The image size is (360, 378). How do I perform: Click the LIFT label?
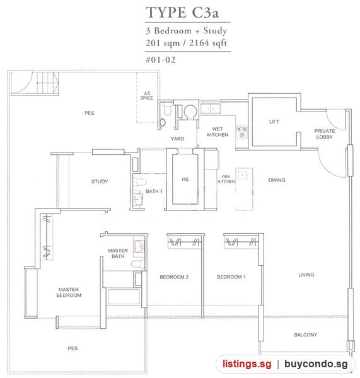click(x=274, y=122)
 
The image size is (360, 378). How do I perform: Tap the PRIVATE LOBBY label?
click(x=325, y=134)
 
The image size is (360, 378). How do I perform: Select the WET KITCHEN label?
click(x=218, y=132)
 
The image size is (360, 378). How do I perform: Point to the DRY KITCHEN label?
click(x=226, y=179)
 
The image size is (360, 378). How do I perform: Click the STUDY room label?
click(x=100, y=181)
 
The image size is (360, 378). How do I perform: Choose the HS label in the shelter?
click(x=185, y=179)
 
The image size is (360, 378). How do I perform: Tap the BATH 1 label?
click(x=154, y=191)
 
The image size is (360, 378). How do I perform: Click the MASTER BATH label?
click(x=118, y=253)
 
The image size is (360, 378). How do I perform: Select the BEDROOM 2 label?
click(x=174, y=277)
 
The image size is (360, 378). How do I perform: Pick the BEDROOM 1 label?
click(x=231, y=277)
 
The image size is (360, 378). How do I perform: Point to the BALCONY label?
click(x=306, y=335)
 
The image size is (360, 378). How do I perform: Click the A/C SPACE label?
click(x=147, y=96)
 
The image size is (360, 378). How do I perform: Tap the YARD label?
click(x=177, y=139)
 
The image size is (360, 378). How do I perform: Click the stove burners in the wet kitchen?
click(x=241, y=132)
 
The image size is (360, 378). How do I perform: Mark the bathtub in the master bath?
click(x=124, y=297)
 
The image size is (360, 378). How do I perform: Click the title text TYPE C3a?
click(x=182, y=13)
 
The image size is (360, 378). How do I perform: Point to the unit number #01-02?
click(x=161, y=60)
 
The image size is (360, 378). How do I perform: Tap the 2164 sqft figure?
click(x=208, y=43)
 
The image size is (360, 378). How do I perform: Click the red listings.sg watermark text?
click(x=247, y=364)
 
